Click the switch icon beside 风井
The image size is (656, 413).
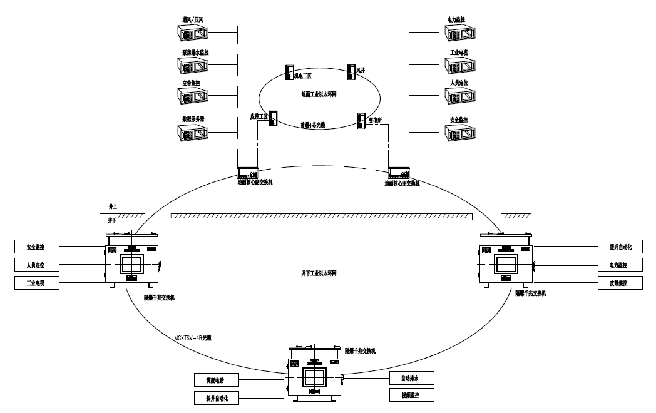coord(352,70)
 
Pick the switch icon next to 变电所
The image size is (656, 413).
coord(361,121)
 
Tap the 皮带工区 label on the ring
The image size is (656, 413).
coord(259,116)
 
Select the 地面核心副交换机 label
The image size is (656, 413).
coord(255,183)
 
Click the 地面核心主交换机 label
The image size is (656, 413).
coord(402,183)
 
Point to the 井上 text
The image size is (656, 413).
coord(113,206)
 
